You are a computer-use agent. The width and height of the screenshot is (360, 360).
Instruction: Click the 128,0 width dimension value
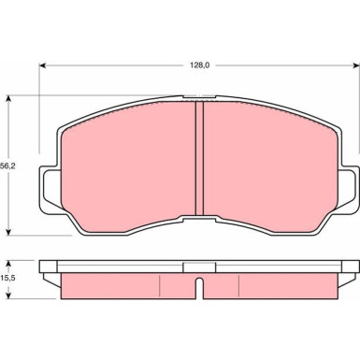pos(199,65)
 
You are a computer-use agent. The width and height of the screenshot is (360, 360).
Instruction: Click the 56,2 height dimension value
pos(7,166)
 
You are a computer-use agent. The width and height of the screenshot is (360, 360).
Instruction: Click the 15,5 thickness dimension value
pos(7,279)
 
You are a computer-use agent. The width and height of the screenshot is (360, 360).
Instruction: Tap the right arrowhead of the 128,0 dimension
pos(355,65)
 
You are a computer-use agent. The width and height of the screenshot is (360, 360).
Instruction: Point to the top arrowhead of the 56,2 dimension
pos(9,99)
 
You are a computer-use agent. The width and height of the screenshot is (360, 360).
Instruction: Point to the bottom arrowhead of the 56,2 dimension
pos(9,232)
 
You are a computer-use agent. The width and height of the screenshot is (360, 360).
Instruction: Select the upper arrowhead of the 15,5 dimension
pos(9,264)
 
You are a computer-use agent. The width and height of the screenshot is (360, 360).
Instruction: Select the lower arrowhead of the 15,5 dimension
pos(9,295)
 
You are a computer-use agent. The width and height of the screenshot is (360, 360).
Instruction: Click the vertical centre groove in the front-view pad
pos(199,159)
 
